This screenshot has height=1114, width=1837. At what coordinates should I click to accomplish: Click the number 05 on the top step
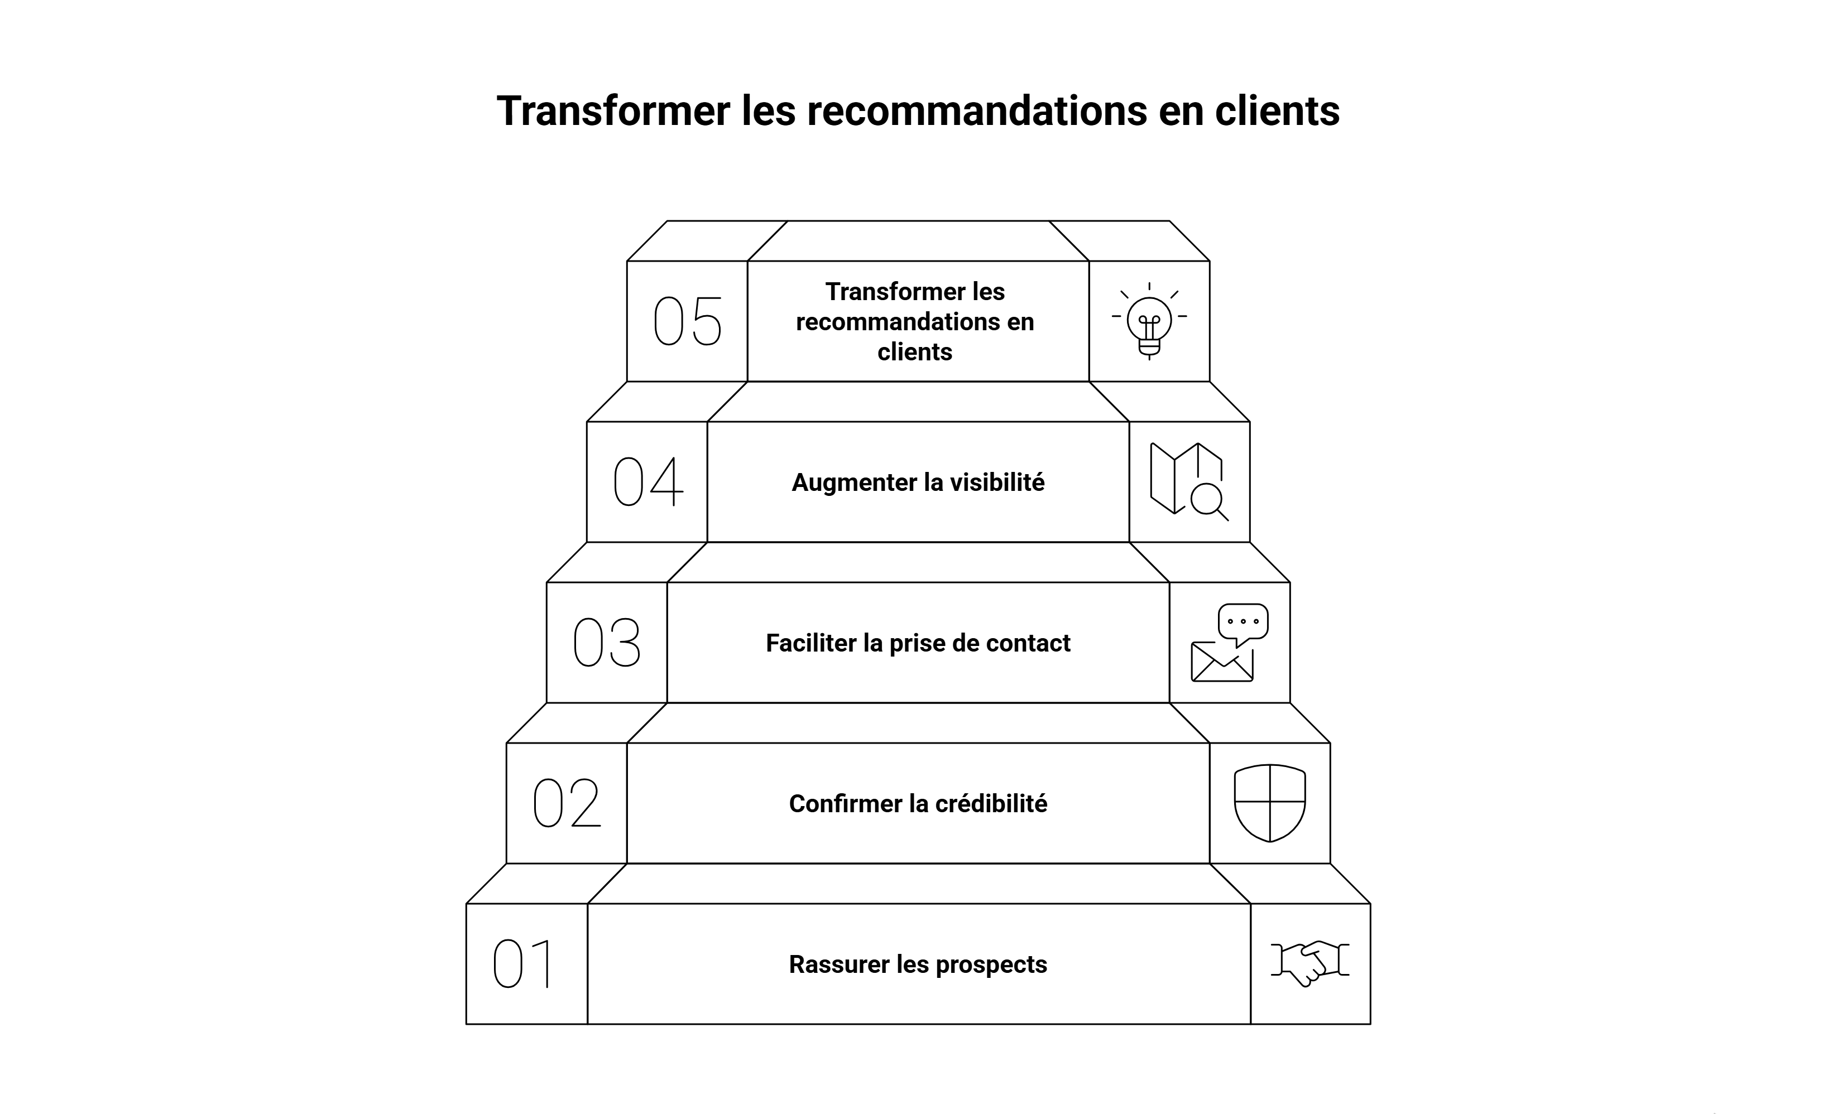(x=687, y=321)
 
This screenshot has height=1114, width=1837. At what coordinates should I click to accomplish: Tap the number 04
(x=647, y=481)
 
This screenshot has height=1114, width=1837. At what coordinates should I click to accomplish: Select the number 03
(x=607, y=642)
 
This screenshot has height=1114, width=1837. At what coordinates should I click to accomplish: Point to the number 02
(x=567, y=803)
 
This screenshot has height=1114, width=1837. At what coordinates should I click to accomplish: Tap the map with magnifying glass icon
(x=1188, y=481)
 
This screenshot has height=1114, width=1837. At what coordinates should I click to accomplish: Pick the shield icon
(x=1270, y=803)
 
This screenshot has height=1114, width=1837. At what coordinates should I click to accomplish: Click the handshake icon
(x=1310, y=963)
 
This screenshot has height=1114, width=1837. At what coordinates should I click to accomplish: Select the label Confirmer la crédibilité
(x=918, y=804)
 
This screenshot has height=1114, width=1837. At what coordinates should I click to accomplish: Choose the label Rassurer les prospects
(x=918, y=964)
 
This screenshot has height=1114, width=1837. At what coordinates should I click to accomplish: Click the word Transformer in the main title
(x=613, y=111)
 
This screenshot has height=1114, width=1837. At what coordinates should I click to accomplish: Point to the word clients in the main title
(x=1277, y=111)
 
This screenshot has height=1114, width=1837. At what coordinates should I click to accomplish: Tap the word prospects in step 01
(x=991, y=965)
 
